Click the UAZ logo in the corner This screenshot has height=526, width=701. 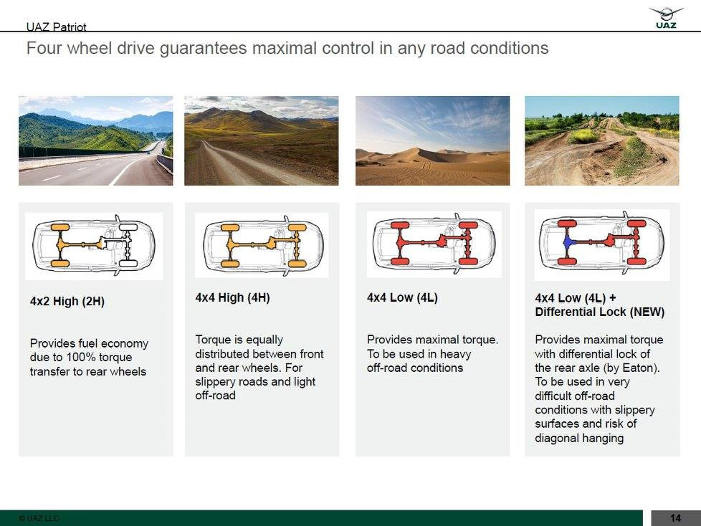click(x=666, y=18)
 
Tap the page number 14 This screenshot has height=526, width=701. click(x=675, y=518)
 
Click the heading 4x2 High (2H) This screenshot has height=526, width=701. click(x=67, y=301)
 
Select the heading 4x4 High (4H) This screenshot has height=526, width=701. click(x=232, y=297)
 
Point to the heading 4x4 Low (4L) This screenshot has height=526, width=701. click(x=402, y=297)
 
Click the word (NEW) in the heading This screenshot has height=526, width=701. click(x=647, y=312)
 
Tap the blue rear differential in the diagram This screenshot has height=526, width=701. click(x=568, y=242)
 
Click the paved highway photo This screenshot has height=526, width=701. click(x=95, y=140)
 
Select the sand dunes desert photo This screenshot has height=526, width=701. click(x=432, y=140)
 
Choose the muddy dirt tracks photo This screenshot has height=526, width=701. click(x=602, y=140)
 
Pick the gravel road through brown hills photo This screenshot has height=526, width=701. click(x=262, y=140)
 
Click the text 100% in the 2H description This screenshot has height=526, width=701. click(x=81, y=357)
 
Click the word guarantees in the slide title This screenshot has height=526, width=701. click(x=203, y=48)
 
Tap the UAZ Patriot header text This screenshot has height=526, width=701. click(x=57, y=27)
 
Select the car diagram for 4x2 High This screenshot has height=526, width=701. click(x=94, y=246)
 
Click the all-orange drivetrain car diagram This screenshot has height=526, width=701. click(x=262, y=245)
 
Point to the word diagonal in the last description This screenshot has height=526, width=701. click(x=555, y=438)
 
